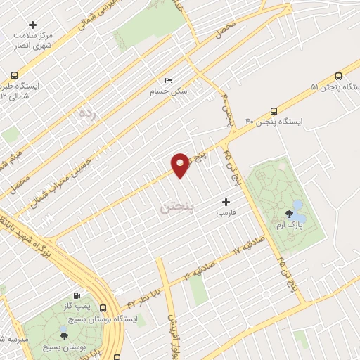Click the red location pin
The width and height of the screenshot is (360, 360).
coord(181,164)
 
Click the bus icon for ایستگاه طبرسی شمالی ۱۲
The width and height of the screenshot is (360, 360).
coord(14,75)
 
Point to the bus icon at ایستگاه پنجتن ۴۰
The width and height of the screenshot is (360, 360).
coord(274,110)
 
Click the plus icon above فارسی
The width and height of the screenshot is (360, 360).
coord(225,202)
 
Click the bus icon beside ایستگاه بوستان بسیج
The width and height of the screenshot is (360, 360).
coord(103,308)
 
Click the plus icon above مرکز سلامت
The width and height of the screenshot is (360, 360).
coord(32,25)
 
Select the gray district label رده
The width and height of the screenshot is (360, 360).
coord(86,112)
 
